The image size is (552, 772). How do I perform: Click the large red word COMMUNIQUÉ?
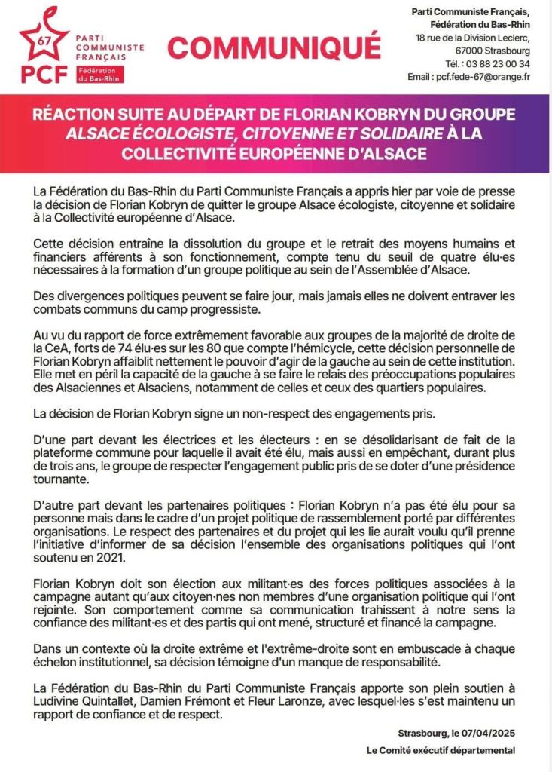coord(274,47)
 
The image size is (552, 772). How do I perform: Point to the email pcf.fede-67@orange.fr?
coord(490,76)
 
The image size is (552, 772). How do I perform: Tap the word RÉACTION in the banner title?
coord(75,116)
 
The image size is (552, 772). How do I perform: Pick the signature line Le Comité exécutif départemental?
coord(441,750)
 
